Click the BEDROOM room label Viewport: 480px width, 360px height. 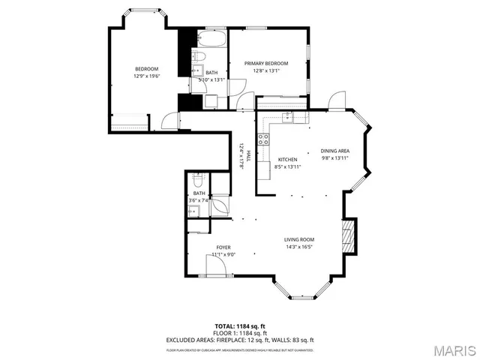[146, 69]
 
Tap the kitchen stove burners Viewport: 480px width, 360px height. [263, 139]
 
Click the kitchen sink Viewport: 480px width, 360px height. [289, 117]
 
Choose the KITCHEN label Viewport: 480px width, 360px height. [288, 159]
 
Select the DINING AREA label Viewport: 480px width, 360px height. [335, 151]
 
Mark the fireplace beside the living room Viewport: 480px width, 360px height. [346, 238]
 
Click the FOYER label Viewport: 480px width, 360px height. [223, 247]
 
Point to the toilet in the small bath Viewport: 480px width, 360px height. [198, 179]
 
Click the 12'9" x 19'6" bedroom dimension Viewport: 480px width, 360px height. [146, 76]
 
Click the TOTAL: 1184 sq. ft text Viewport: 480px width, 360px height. [240, 325]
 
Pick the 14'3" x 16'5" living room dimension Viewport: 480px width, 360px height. [298, 247]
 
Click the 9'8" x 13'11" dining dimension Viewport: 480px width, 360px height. [335, 158]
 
